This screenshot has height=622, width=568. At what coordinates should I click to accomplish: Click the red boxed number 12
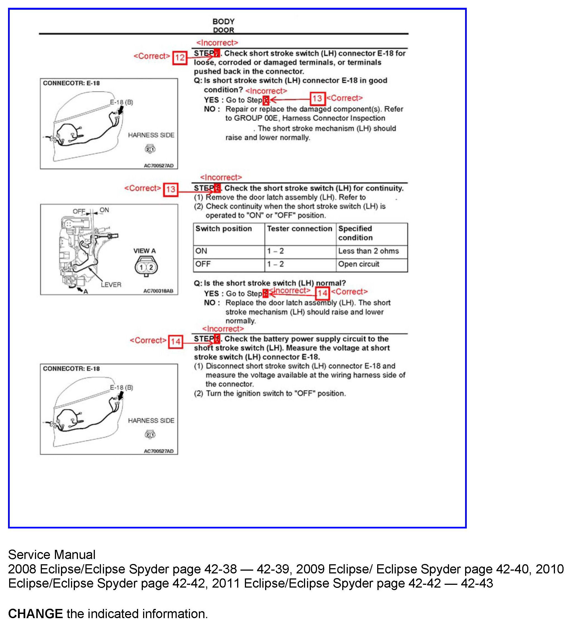click(x=179, y=58)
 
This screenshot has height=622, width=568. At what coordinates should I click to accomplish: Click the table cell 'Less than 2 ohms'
click(x=368, y=251)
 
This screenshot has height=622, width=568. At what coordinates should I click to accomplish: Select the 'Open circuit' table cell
click(x=359, y=265)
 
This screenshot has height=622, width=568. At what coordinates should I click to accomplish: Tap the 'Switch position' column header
click(x=224, y=229)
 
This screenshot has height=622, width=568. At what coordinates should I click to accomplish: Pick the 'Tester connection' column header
click(x=300, y=229)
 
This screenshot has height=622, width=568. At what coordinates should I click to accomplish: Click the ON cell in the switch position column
click(x=201, y=251)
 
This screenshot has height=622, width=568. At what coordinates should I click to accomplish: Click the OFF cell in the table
click(x=203, y=265)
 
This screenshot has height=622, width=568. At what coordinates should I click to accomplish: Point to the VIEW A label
click(x=144, y=251)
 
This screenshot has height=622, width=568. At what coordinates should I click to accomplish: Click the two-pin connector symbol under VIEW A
click(x=146, y=267)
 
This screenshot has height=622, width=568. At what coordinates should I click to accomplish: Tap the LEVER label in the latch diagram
click(x=111, y=285)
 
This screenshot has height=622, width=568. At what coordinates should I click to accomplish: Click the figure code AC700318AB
click(x=158, y=291)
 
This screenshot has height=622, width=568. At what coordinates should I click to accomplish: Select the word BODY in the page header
click(x=224, y=22)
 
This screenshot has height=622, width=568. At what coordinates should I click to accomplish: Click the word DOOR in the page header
click(x=224, y=30)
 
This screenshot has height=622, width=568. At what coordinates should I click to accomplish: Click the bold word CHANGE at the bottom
click(x=35, y=614)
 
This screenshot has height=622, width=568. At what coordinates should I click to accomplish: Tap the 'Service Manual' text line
click(x=52, y=555)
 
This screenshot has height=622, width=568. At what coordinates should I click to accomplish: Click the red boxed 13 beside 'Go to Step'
click(x=317, y=99)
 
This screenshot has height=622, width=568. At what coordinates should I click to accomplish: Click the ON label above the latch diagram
click(x=104, y=210)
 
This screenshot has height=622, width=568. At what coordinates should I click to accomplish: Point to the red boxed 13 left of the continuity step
click(x=171, y=190)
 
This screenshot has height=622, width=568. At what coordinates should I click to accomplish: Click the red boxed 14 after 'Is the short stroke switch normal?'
click(x=323, y=293)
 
